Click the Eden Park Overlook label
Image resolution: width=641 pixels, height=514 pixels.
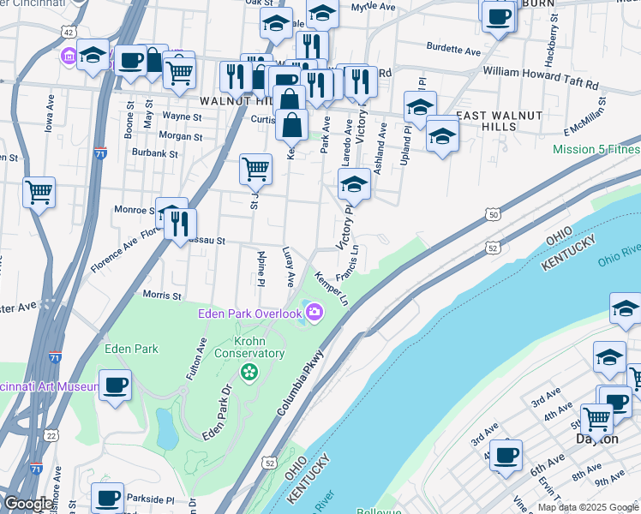click(249, 312)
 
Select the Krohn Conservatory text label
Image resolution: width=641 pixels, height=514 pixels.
click(249, 347)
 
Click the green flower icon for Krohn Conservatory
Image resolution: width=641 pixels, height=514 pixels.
click(249, 372)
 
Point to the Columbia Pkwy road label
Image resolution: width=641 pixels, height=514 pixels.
click(300, 384)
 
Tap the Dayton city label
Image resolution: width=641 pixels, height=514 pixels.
click(596, 439)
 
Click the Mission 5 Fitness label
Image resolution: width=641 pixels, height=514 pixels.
click(596, 149)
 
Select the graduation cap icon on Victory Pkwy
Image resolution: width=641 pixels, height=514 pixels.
click(354, 184)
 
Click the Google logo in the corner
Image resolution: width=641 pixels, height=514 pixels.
click(27, 503)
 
